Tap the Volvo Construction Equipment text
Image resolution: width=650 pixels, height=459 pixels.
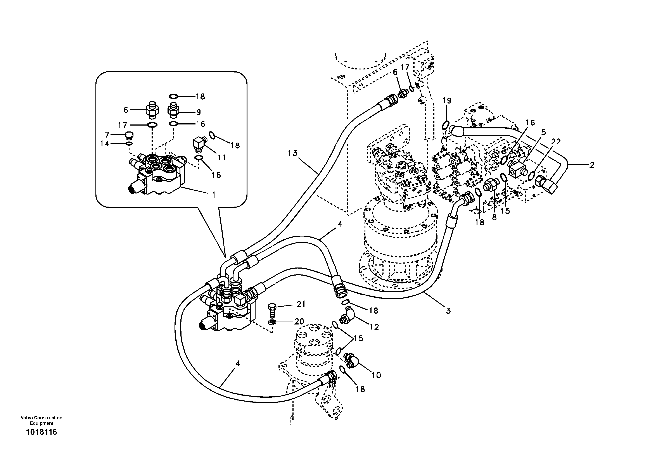pos(41,420)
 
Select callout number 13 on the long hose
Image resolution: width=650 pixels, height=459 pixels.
pos(293,153)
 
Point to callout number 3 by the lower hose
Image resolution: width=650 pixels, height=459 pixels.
pos(448,311)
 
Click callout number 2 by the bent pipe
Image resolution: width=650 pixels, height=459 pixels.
pos(591,165)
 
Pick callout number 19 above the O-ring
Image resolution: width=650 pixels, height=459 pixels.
pos(447,100)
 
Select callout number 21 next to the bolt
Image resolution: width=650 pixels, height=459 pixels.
pos(301,304)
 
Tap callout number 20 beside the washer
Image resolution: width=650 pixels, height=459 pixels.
pos(299,321)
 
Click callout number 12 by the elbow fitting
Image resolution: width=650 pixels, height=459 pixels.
pos(374,327)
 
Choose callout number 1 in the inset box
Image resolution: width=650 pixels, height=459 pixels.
pos(213,195)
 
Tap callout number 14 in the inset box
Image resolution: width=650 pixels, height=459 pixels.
pos(104,144)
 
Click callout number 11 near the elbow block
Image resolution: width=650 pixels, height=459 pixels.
pos(222,157)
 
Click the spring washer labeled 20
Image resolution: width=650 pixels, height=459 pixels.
pos(271,322)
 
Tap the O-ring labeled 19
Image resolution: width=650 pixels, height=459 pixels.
pos(445,125)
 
